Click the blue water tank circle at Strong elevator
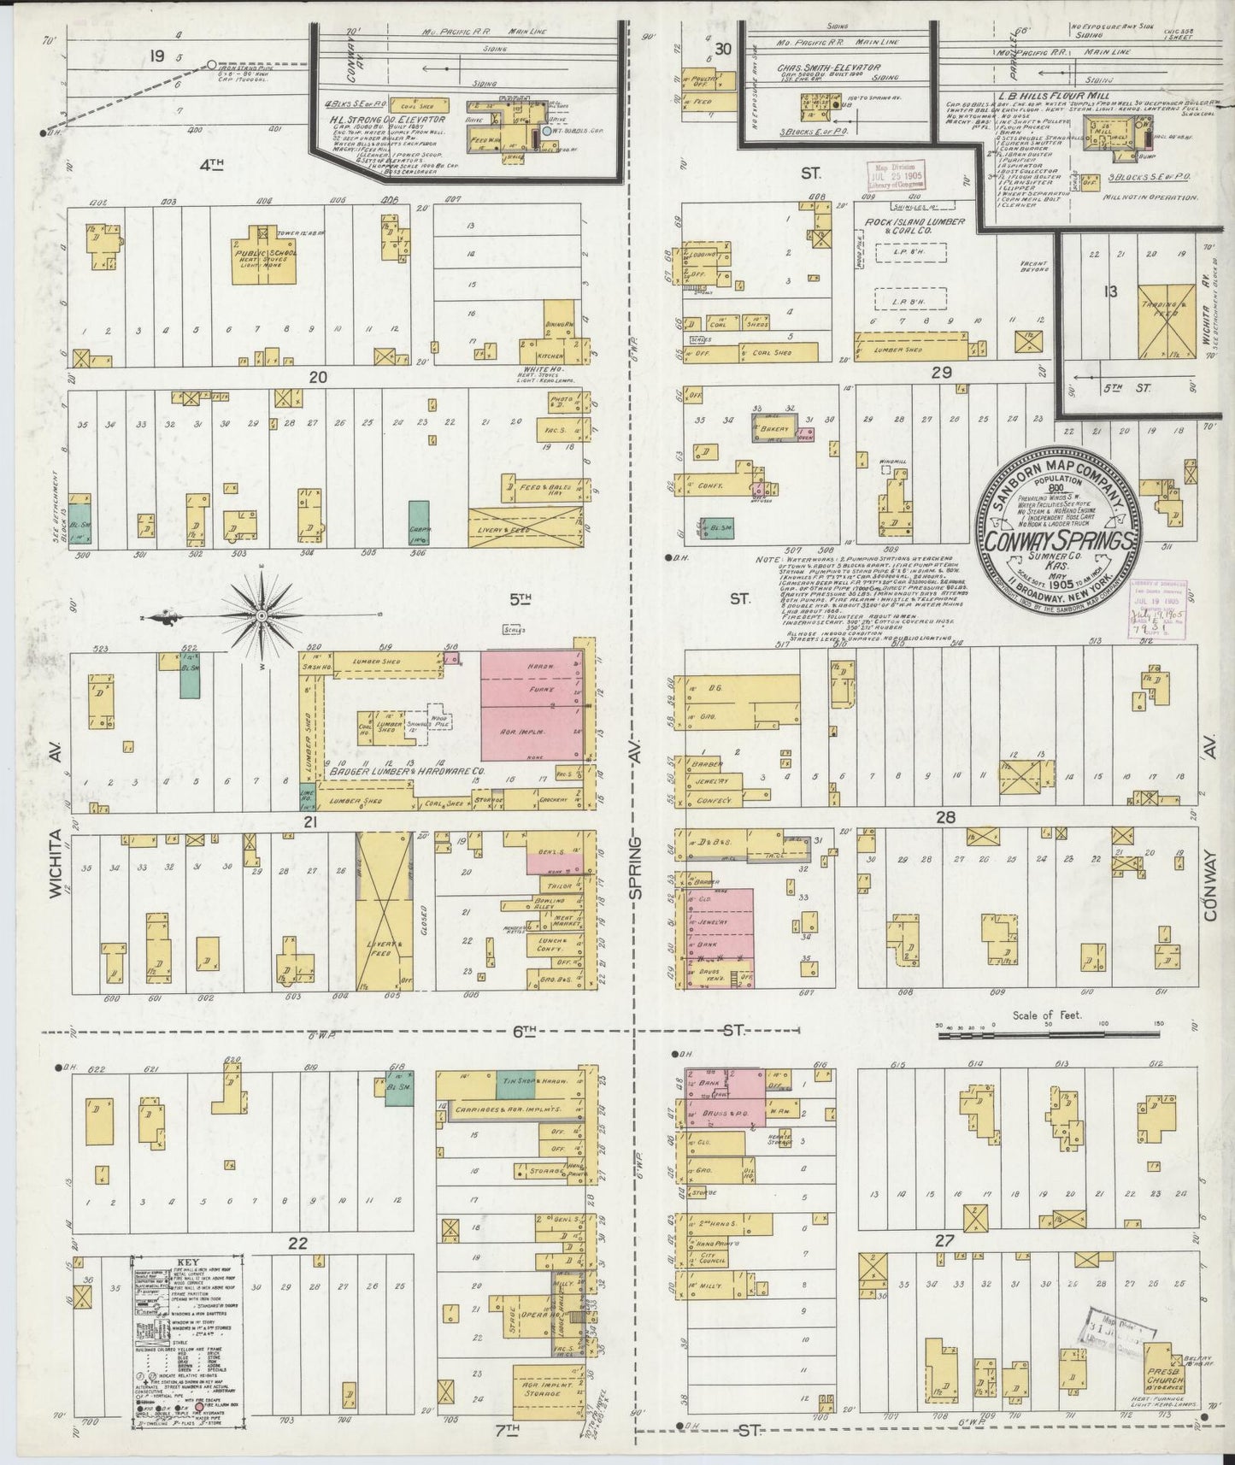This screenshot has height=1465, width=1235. tap(547, 132)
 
